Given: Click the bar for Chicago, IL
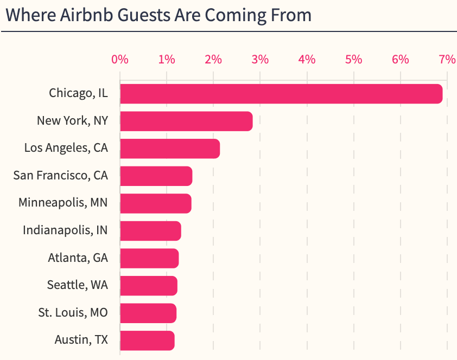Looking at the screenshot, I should point(281,94).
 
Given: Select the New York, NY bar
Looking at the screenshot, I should point(186,121).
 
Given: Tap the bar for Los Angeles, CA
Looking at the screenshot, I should point(170,149).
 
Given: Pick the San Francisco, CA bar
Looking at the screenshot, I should point(156,176).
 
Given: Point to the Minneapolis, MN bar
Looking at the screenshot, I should point(156,203).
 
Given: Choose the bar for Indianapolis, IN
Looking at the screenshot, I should point(150,231).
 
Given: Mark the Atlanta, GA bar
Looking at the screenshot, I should point(149,258).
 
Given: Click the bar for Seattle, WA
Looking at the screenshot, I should point(149,286).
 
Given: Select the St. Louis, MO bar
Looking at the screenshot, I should point(148,313).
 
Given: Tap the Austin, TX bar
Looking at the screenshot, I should point(147,340).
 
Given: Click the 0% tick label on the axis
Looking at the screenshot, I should point(120,60).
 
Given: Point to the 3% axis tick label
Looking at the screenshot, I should point(260,60).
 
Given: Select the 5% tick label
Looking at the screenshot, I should point(353,60).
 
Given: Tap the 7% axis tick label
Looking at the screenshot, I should point(447,60).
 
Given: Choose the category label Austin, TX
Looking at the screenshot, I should point(81,340).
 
